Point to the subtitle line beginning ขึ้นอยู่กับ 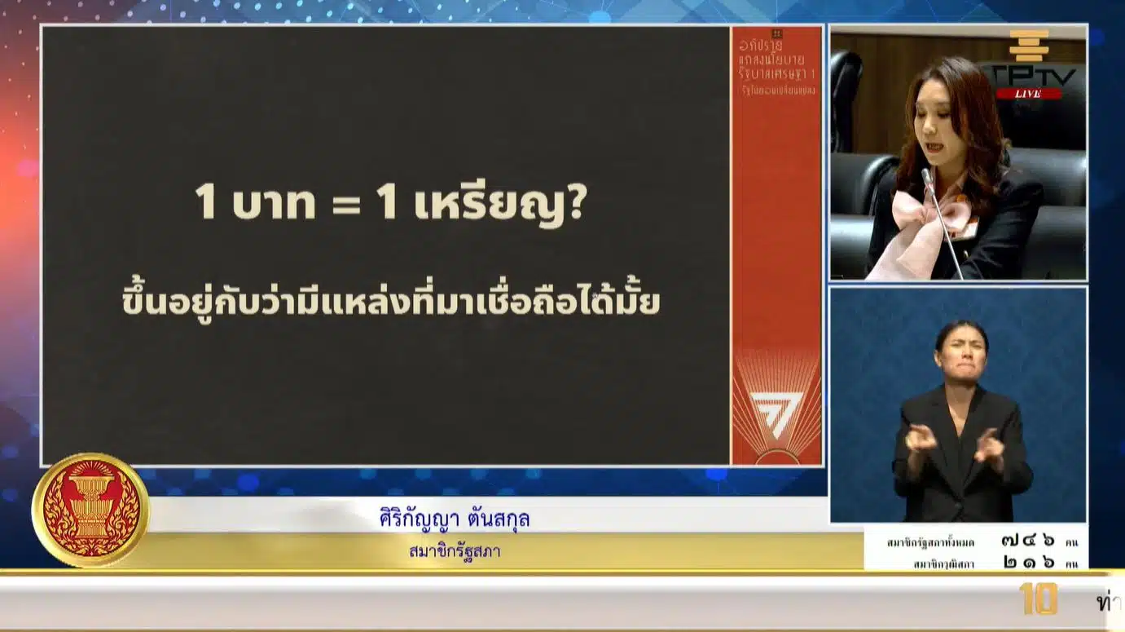pyautogui.click(x=390, y=303)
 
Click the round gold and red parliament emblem pyautogui.click(x=90, y=510)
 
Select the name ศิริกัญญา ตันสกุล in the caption pyautogui.click(x=455, y=519)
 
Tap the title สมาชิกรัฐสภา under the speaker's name pyautogui.click(x=455, y=552)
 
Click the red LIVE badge pyautogui.click(x=1029, y=94)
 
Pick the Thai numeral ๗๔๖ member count pyautogui.click(x=1028, y=540)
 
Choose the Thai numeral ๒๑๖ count pyautogui.click(x=1028, y=563)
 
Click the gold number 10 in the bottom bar pyautogui.click(x=1038, y=599)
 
